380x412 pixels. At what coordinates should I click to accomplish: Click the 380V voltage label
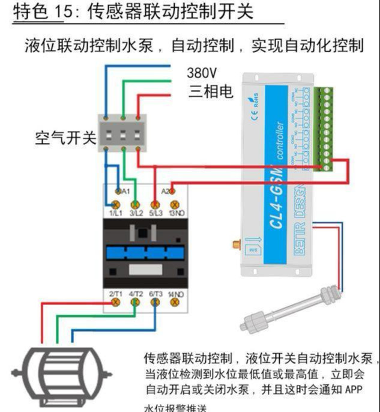point(202,73)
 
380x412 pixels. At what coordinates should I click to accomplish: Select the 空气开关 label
point(65,138)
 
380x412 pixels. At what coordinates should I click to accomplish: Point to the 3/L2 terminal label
point(136,213)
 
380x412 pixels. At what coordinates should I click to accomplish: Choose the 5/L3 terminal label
point(155,213)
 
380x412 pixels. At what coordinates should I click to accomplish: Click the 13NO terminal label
point(176,213)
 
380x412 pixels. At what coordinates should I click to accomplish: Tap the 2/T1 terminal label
point(115,294)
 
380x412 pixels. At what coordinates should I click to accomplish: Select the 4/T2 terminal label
point(136,294)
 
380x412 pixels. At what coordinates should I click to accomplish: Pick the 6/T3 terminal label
point(155,294)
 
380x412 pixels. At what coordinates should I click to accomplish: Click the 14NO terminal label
point(176,294)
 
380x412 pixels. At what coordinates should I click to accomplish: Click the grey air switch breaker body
point(122,132)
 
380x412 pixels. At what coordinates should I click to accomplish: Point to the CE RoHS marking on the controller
point(251,100)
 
